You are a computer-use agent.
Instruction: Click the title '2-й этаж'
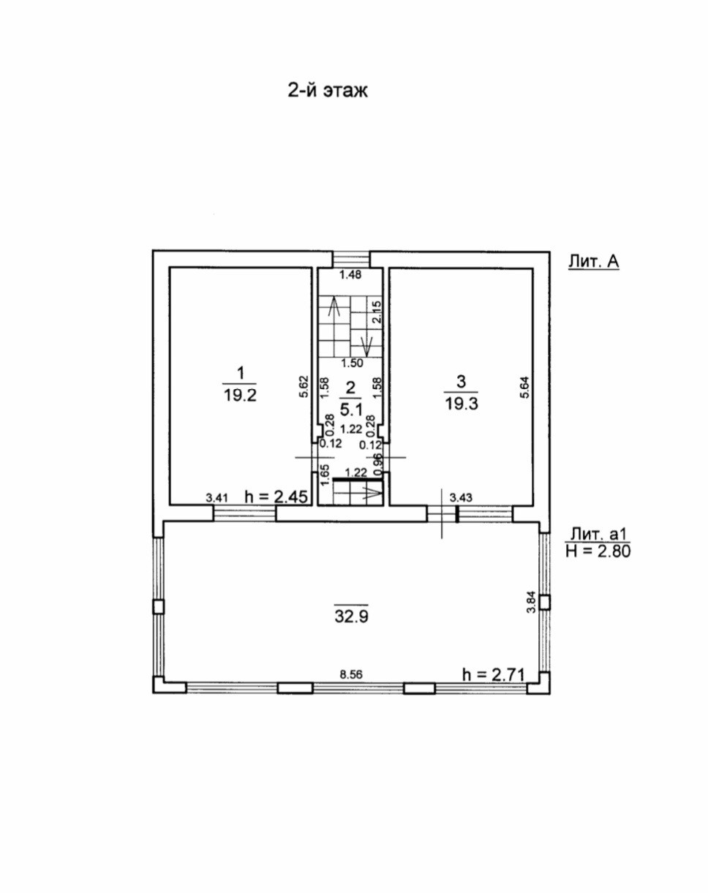point(328,90)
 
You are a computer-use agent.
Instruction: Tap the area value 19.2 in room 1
point(241,395)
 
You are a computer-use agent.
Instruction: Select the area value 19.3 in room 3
point(462,403)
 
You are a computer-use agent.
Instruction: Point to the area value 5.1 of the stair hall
point(351,410)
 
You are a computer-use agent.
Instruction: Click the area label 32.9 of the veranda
point(352,617)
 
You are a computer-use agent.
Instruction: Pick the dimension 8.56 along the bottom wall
point(351,675)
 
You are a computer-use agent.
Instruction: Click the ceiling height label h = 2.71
point(494,674)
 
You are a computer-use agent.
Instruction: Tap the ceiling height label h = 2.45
point(276,497)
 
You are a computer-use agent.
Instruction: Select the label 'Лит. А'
point(593,262)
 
